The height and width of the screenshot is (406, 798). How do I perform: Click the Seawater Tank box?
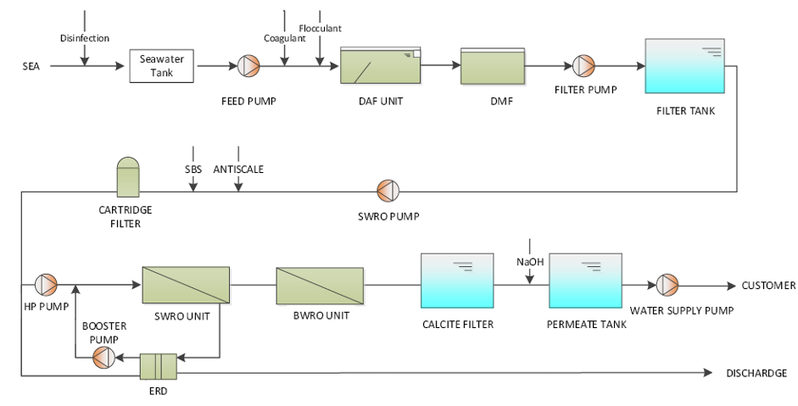pyautogui.click(x=162, y=65)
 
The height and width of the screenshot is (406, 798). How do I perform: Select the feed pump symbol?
pyautogui.click(x=248, y=65)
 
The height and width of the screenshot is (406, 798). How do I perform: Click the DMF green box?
pyautogui.click(x=484, y=66)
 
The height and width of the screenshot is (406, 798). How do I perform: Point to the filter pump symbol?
pyautogui.click(x=584, y=65)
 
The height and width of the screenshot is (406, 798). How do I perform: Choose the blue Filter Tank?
pyautogui.click(x=684, y=65)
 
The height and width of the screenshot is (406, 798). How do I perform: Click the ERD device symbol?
pyautogui.click(x=158, y=365)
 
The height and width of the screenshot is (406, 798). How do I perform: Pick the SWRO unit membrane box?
pyautogui.click(x=187, y=285)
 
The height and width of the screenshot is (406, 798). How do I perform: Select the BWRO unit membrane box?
pyautogui.click(x=320, y=286)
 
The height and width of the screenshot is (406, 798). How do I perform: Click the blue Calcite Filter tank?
pyautogui.click(x=458, y=282)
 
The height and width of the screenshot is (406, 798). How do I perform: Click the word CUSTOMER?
pyautogui.click(x=768, y=286)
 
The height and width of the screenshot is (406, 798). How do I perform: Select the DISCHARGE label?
pyautogui.click(x=756, y=373)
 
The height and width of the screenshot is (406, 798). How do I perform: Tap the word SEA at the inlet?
pyautogui.click(x=31, y=66)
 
